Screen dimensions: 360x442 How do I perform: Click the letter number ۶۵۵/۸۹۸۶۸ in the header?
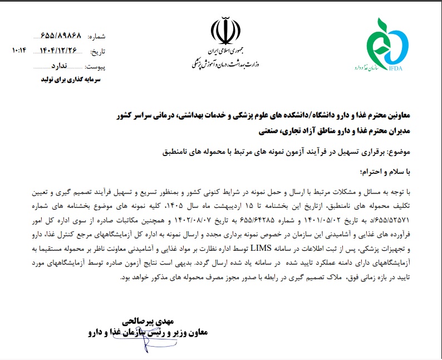point(61,36)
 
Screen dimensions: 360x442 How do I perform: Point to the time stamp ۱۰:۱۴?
point(18,51)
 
